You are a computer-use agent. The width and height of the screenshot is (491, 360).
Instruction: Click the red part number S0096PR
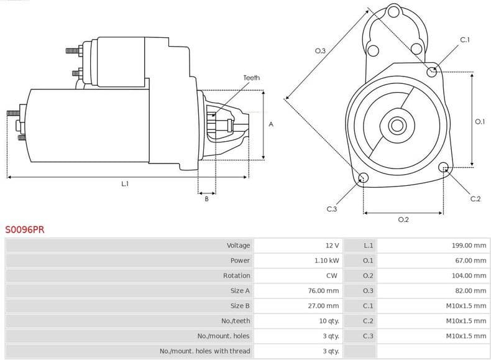[x=25, y=229]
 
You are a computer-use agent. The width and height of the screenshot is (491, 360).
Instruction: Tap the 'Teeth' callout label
[x=252, y=78]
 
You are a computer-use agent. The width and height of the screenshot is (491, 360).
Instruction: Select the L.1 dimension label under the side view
[x=125, y=184]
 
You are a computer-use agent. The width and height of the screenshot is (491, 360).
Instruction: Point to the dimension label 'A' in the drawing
[x=271, y=124]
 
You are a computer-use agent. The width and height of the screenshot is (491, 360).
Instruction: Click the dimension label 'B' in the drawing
[x=206, y=199]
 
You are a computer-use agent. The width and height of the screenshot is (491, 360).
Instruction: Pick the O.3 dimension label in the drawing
[x=320, y=51]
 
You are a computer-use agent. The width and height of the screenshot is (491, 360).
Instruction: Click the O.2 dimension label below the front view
[x=403, y=219]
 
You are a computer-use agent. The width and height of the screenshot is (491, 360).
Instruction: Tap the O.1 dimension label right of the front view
[x=479, y=122]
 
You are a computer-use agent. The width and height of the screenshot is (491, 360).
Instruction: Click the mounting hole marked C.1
[x=432, y=72]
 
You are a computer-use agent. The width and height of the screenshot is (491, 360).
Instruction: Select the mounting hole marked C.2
[x=444, y=167]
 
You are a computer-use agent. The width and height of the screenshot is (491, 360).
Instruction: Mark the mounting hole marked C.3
[x=364, y=179]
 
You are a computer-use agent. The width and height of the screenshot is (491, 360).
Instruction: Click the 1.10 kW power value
[x=326, y=261]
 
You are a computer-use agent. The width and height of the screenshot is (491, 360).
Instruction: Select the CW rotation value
[x=332, y=275]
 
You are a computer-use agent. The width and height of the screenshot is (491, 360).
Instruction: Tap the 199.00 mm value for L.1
[x=469, y=246]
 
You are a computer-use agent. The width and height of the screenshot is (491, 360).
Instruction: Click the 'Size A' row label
[x=239, y=290]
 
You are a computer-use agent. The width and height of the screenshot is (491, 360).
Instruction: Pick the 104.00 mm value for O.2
[x=469, y=275]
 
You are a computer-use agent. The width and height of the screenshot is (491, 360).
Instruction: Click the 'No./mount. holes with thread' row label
[x=204, y=351]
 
